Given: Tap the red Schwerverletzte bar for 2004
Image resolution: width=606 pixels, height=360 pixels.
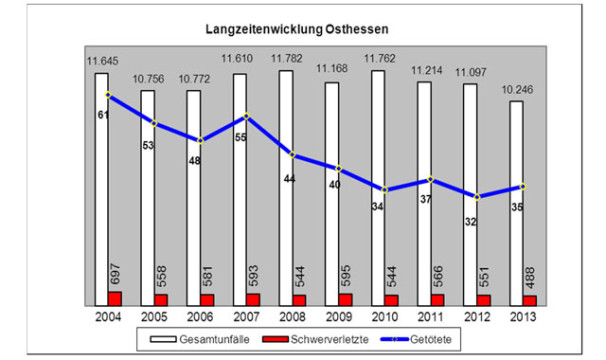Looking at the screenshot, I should [115, 298].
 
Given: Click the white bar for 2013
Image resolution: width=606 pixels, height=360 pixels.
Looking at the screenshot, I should [516, 200].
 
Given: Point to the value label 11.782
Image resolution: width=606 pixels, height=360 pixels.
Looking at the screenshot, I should [288, 61].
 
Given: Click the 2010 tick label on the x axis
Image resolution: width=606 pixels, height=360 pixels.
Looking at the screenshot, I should [385, 316].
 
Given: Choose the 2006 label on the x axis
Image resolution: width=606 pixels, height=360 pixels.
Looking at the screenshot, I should [201, 316].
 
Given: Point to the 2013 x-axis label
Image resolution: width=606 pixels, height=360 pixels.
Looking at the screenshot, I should [523, 316].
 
